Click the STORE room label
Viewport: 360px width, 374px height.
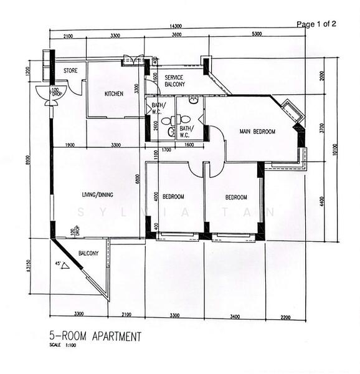(x=70, y=71)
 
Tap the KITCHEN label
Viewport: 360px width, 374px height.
(x=113, y=94)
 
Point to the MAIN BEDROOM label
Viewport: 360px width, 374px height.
(x=258, y=132)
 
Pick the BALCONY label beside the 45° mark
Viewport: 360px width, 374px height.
(x=88, y=253)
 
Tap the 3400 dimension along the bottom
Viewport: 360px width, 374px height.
(x=234, y=317)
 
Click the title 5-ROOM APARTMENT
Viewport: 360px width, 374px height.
(x=95, y=337)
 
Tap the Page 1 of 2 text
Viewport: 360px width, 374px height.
(x=316, y=24)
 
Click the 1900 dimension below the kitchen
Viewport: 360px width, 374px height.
(x=69, y=145)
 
